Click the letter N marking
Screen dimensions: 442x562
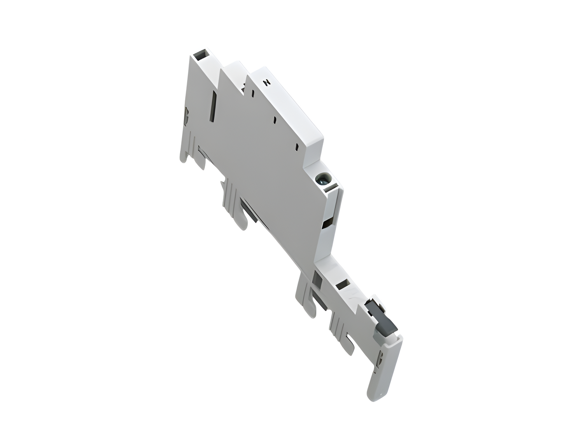[267, 82]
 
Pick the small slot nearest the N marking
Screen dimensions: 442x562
[253, 93]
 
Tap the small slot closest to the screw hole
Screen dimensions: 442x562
[297, 147]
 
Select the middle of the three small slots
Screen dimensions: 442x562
[275, 120]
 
